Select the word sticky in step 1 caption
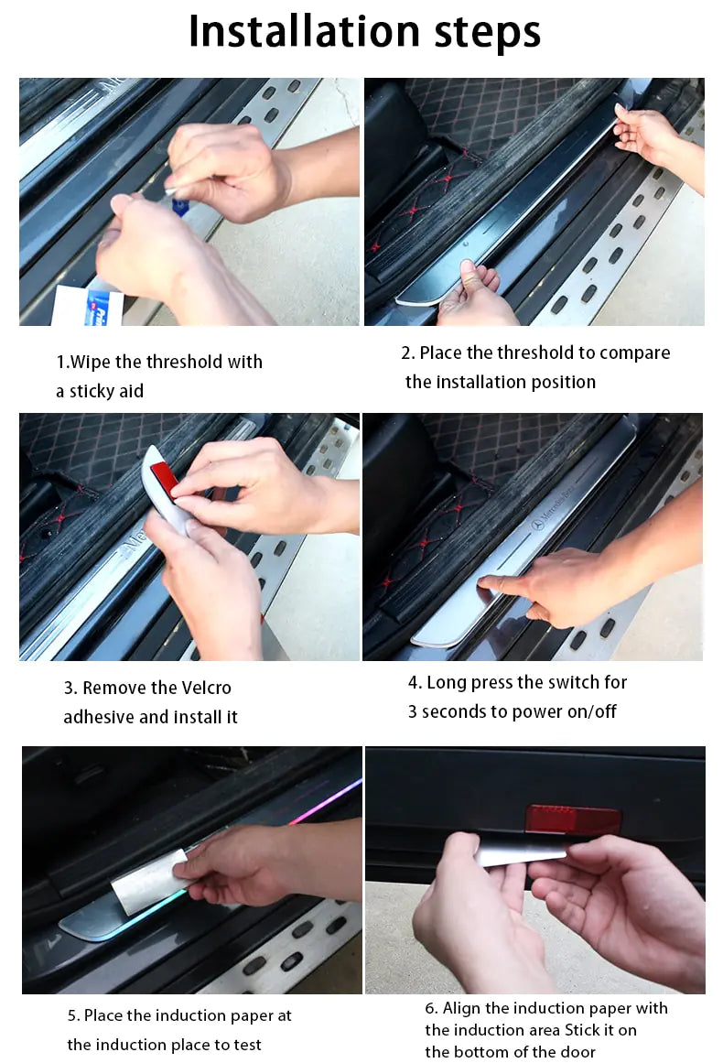95,392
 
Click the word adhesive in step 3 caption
98,717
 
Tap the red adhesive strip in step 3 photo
165,477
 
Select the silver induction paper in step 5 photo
146,881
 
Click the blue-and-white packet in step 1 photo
102,308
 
